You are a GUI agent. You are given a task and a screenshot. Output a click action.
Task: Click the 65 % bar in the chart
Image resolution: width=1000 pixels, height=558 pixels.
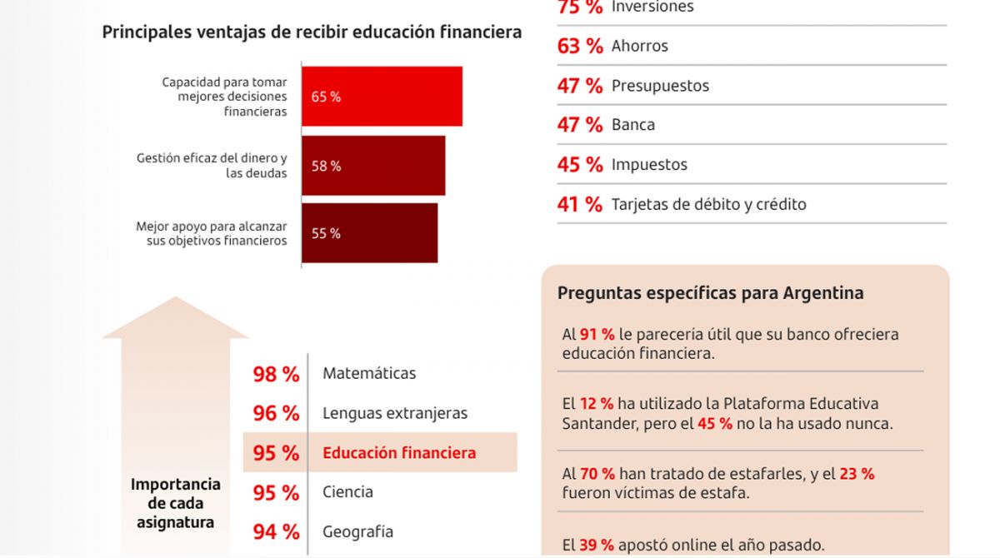point(382,97)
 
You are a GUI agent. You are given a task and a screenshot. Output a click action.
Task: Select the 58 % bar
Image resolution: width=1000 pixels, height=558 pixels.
point(373,166)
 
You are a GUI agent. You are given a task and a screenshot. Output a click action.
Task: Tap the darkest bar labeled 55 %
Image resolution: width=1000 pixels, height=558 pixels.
point(369,233)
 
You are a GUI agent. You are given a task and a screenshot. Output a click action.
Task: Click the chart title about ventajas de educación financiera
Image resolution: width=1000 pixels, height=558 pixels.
point(312,32)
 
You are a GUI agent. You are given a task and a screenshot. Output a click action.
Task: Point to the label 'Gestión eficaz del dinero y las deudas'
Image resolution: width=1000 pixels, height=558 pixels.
point(212,166)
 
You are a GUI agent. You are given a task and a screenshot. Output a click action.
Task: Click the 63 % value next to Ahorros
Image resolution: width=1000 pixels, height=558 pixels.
point(579,46)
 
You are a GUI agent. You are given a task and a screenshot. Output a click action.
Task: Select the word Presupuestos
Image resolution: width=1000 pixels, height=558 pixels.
point(660,86)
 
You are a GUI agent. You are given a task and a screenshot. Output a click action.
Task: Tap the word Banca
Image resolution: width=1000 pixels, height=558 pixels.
point(632,125)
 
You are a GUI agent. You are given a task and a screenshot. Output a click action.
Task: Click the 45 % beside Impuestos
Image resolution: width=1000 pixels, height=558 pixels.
point(579,165)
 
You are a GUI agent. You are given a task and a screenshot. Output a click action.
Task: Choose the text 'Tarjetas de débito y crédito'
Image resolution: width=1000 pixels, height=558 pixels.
point(708,204)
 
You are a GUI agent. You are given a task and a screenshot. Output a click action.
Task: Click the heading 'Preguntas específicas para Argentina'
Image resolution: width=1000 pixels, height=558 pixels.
point(710,293)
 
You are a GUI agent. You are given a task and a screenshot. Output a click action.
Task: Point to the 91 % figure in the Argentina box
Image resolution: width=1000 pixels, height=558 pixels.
point(597,335)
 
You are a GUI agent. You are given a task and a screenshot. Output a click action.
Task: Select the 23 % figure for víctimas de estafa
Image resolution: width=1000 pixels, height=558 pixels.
point(857,474)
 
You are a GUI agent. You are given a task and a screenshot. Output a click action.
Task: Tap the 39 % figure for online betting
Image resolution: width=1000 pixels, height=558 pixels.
point(597,546)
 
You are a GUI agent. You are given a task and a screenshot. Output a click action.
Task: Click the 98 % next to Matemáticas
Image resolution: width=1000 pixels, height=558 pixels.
point(276,374)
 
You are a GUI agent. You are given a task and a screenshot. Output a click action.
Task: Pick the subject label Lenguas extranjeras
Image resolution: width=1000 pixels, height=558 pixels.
point(395,413)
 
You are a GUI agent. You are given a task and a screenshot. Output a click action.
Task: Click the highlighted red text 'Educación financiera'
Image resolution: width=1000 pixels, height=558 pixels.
point(399,453)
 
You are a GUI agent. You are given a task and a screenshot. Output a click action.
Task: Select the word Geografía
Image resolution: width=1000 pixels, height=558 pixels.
point(357,531)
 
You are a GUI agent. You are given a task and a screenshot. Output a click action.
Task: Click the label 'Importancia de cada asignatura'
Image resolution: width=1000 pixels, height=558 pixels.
point(176,503)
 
